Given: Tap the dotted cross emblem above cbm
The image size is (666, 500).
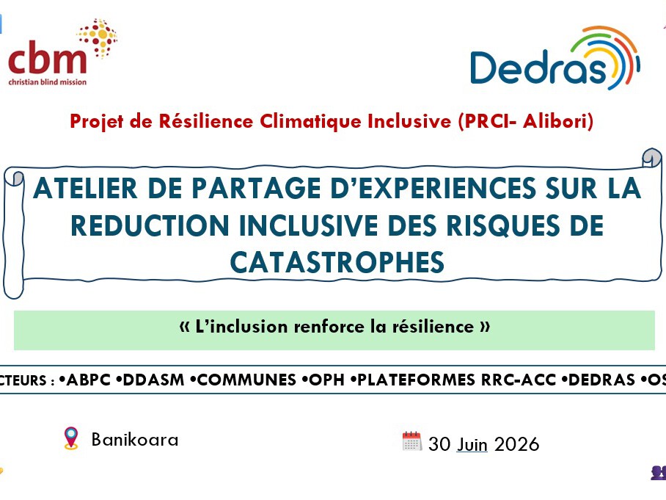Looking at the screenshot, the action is click(98, 37).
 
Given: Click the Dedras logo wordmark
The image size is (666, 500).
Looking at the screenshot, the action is click(538, 67).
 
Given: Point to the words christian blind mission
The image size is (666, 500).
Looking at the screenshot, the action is click(48, 81).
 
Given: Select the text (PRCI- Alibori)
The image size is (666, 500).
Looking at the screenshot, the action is click(525, 121).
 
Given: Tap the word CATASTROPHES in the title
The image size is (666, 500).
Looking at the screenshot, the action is click(337, 262).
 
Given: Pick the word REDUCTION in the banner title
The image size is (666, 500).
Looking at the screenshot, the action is click(150, 225).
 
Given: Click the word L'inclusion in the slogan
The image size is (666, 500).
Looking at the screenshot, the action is click(241, 327).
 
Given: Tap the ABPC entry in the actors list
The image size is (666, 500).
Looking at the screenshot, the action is click(89, 380).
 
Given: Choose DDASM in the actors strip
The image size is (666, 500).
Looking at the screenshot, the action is click(153, 380).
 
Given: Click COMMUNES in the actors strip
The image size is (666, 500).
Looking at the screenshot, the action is click(246, 380).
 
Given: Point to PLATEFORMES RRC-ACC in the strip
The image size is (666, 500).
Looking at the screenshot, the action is click(457, 380).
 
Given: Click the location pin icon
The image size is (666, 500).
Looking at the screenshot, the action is click(71, 438).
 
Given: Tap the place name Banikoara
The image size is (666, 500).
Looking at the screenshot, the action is click(135, 440).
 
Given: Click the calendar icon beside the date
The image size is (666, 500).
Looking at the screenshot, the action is click(412, 441).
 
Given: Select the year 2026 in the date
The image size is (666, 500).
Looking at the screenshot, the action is click(517, 444).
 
